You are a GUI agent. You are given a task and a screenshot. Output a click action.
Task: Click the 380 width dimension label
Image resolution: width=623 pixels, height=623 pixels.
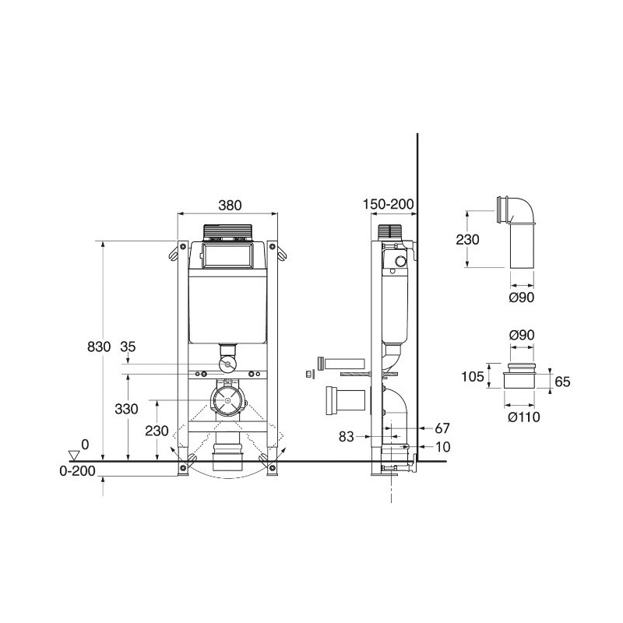230,205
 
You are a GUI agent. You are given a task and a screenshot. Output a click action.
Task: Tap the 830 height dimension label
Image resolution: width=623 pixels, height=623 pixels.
99,347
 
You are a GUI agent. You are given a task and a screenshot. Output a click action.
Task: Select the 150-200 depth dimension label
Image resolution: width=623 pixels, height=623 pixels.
388,204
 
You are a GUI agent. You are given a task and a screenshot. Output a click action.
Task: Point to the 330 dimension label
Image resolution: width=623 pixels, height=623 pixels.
126,409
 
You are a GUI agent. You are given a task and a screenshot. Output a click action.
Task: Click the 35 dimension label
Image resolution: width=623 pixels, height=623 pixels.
128,347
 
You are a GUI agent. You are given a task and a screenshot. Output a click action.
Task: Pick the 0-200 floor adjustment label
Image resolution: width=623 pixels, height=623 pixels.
77,471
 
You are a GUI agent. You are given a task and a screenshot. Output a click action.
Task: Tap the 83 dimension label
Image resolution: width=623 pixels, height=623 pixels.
346,437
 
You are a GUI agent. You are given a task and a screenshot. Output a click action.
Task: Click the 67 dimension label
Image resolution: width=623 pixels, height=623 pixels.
442,428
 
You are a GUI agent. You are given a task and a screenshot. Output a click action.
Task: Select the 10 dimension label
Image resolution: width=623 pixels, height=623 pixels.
443,447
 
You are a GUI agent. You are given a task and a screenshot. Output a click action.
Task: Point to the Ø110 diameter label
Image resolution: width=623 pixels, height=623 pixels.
524,417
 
